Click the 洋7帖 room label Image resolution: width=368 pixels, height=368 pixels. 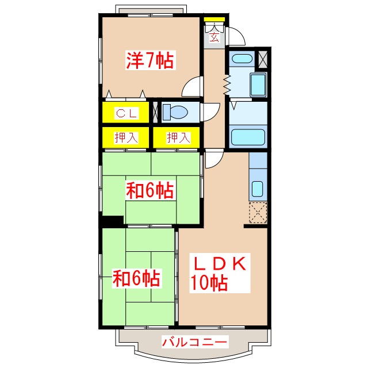150,60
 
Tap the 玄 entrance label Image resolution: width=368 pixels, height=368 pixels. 214,38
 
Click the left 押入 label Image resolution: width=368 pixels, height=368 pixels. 126,137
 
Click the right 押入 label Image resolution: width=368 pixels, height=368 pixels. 177,137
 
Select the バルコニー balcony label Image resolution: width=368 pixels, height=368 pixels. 194,342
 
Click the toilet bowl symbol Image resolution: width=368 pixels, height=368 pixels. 174,112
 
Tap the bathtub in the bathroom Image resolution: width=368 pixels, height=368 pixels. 247,138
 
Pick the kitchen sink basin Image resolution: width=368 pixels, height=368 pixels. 258,188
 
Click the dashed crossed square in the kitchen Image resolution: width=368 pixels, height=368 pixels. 258,213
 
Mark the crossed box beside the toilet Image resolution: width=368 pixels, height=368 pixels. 155,112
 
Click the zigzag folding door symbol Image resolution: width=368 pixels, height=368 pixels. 227,85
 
